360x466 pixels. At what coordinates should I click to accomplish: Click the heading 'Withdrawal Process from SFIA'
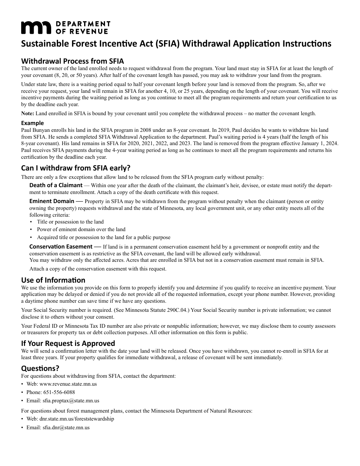coord(72,61)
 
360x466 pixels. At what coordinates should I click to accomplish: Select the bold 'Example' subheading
coord(32,123)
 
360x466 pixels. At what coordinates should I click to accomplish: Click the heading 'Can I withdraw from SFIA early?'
coord(75,168)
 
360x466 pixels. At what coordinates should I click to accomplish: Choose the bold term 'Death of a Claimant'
coord(56,185)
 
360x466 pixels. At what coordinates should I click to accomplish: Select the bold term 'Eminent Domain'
coord(52,201)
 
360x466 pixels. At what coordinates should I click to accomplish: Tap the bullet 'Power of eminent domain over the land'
coord(81,229)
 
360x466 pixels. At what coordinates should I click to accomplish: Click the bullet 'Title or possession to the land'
coord(70,222)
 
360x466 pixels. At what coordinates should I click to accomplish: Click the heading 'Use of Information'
coord(53,280)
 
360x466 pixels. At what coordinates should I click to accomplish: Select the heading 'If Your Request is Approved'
coord(68,343)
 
